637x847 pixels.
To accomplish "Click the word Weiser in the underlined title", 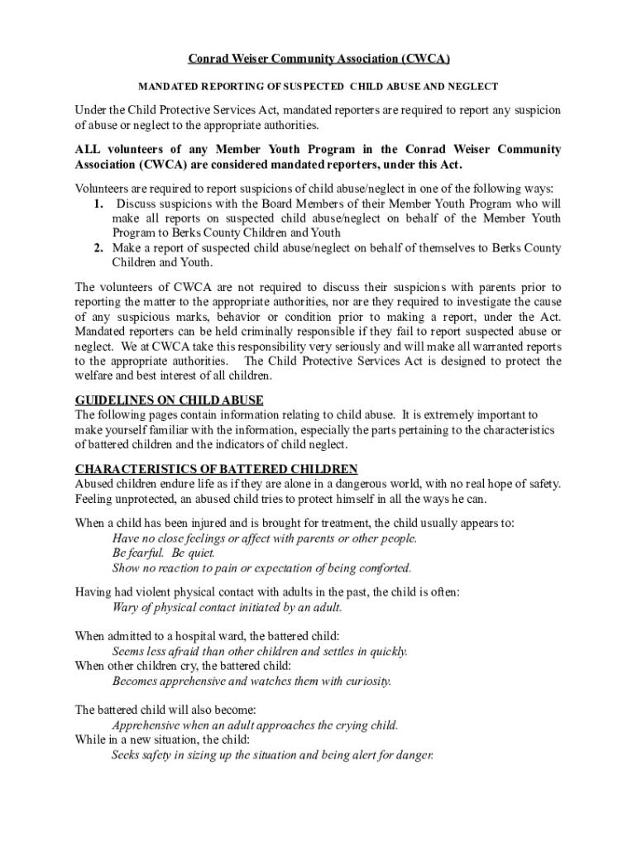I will click(247, 60).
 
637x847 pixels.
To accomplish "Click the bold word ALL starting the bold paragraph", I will click(89, 150).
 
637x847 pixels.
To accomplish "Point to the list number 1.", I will click(98, 203).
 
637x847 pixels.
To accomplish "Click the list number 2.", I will click(98, 248).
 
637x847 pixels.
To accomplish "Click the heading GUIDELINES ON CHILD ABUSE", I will click(170, 401).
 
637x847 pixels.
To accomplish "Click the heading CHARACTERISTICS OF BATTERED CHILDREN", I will click(217, 469).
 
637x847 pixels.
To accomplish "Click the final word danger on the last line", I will click(414, 756).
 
